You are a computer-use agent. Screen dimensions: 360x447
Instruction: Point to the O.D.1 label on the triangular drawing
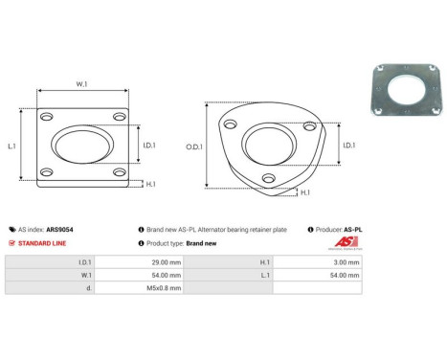pyautogui.click(x=193, y=146)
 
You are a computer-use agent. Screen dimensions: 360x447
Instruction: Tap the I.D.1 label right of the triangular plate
pyautogui.click(x=348, y=146)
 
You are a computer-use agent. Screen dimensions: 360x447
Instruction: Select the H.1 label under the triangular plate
pyautogui.click(x=304, y=192)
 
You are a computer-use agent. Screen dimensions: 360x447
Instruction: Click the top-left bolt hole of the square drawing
pyautogui.click(x=47, y=117)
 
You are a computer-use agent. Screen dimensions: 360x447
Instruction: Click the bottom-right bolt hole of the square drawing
pyautogui.click(x=119, y=172)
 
